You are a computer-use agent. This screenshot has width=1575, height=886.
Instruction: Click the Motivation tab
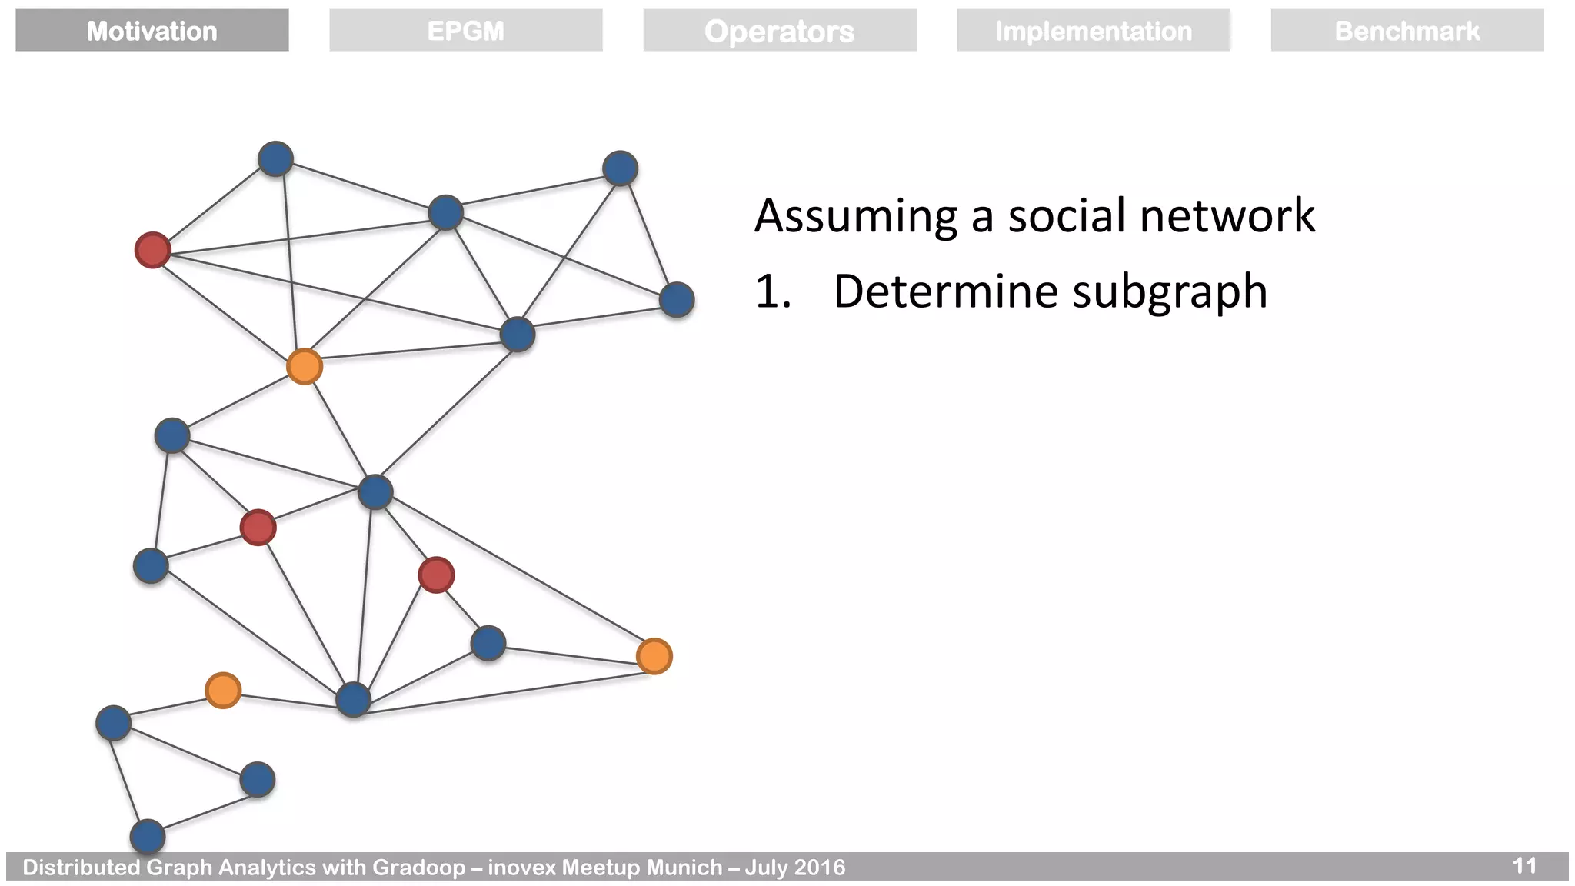(x=152, y=31)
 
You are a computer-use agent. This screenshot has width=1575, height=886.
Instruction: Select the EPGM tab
(x=465, y=31)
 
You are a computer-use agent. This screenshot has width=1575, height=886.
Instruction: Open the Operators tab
(x=779, y=31)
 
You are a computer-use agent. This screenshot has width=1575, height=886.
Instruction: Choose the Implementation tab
(x=1093, y=31)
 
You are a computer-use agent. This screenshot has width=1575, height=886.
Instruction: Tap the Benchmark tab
(x=1407, y=31)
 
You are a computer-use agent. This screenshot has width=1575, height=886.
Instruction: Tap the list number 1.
(x=771, y=292)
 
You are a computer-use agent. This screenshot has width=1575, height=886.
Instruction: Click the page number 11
(x=1524, y=866)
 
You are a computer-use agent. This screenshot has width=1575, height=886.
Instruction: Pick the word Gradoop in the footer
(x=418, y=868)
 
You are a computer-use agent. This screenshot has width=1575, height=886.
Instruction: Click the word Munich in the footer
(x=680, y=868)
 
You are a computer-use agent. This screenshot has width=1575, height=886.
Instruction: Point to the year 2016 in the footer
(x=820, y=868)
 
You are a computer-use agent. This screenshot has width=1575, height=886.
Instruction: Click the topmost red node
(x=152, y=250)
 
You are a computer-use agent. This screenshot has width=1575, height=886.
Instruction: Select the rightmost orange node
(x=654, y=656)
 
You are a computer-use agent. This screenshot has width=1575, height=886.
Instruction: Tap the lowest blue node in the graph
(x=148, y=837)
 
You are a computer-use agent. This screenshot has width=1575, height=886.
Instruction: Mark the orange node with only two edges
(x=223, y=690)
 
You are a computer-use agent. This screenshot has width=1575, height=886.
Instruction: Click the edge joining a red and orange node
(x=228, y=308)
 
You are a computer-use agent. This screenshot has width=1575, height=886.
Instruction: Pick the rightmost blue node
(x=677, y=300)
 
